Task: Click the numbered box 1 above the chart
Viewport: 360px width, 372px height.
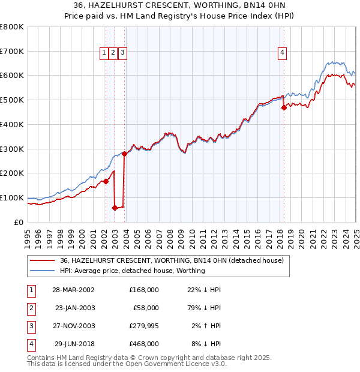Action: click(104, 53)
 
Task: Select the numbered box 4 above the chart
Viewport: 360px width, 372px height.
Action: click(281, 53)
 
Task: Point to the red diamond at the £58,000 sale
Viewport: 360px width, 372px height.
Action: click(115, 208)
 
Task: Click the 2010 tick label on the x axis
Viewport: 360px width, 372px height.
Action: click(191, 238)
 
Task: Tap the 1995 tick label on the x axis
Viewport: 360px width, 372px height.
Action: click(27, 238)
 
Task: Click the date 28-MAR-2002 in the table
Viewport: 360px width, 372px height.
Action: click(73, 290)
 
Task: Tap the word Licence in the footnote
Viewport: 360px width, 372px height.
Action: click(194, 364)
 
